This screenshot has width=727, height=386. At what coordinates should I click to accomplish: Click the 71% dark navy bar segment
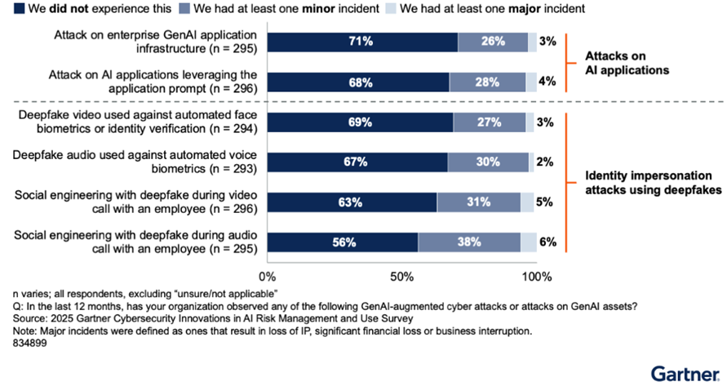[x=362, y=42]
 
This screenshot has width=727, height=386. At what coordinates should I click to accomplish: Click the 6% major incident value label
[x=547, y=242]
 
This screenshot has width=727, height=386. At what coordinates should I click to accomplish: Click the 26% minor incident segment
[x=493, y=42]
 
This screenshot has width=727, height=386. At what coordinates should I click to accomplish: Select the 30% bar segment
[x=488, y=162]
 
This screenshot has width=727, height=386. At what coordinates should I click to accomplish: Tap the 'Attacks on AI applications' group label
[x=627, y=63]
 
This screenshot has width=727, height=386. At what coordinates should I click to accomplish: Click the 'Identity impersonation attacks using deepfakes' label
[x=648, y=183]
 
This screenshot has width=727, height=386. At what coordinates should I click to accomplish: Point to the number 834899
[x=29, y=344]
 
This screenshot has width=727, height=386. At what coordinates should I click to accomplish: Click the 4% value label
[x=547, y=82]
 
